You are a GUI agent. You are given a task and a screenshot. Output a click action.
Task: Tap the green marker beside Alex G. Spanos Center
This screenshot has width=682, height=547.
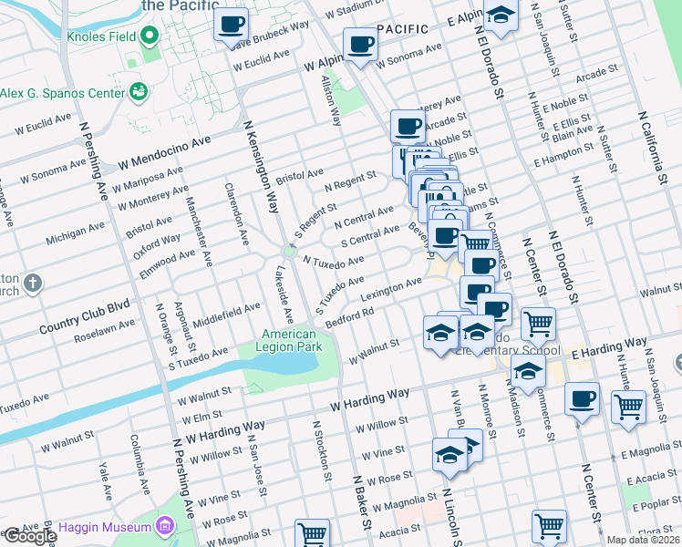(139, 90)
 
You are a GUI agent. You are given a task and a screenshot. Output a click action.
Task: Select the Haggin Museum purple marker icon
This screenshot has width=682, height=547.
(164, 526)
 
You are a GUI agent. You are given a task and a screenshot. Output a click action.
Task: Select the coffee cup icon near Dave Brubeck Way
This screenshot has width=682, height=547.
(232, 24)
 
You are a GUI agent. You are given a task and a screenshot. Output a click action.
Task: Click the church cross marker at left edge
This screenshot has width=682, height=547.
(33, 283)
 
